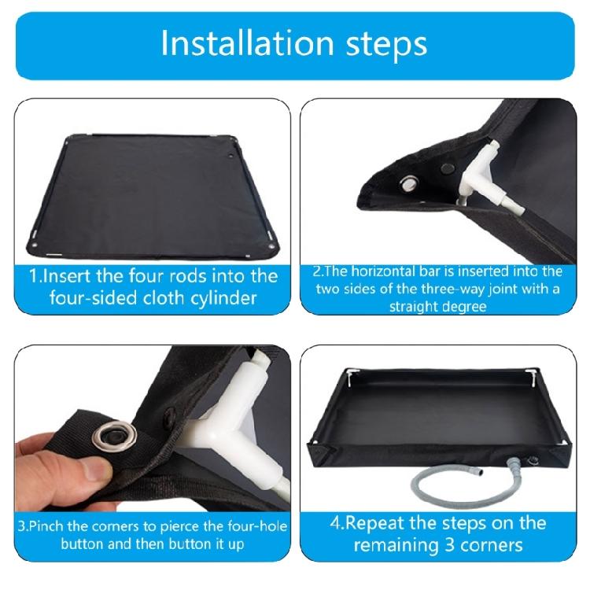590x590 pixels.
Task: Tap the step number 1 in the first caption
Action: coord(35,276)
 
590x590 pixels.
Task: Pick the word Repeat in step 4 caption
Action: coord(388,524)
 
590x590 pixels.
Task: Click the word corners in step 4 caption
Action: coord(495,544)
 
